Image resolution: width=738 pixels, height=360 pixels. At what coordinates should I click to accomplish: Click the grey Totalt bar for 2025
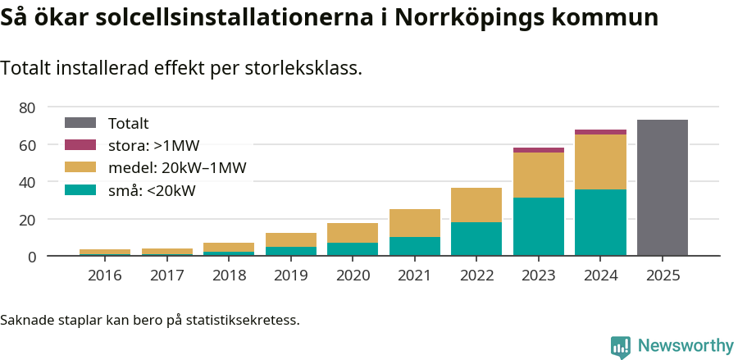click(x=662, y=188)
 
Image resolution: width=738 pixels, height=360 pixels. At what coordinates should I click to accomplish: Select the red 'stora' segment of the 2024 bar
click(x=600, y=132)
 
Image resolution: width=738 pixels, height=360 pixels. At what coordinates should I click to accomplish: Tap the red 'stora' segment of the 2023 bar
click(x=538, y=150)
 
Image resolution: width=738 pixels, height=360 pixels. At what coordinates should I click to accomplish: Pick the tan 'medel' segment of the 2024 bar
click(x=600, y=162)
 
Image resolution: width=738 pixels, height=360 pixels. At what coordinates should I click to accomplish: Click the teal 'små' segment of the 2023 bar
click(x=538, y=226)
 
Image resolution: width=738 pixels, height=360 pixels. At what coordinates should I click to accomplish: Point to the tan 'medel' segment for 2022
click(x=476, y=205)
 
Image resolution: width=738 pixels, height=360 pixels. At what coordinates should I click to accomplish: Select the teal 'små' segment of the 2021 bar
click(x=414, y=246)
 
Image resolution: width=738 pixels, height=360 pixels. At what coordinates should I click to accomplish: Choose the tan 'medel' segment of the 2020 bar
click(x=353, y=233)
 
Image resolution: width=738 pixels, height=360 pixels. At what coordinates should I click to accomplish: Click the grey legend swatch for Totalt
click(x=80, y=123)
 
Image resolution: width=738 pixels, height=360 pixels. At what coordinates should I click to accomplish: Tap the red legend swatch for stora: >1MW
click(x=80, y=145)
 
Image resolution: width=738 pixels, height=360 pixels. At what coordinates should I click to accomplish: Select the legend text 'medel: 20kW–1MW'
click(x=177, y=168)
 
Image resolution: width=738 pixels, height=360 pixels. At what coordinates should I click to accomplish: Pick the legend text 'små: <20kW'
click(x=152, y=191)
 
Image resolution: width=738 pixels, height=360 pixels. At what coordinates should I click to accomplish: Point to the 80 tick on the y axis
click(x=27, y=107)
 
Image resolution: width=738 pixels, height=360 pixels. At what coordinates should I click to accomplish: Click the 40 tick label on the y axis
click(x=27, y=182)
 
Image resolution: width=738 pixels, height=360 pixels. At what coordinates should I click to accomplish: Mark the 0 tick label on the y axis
click(x=31, y=257)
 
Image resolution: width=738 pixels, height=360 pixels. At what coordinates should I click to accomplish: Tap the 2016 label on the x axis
click(x=104, y=276)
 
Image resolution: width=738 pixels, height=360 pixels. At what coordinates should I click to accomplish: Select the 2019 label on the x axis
click(x=290, y=276)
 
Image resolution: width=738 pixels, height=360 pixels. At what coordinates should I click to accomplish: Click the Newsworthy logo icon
click(x=621, y=346)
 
